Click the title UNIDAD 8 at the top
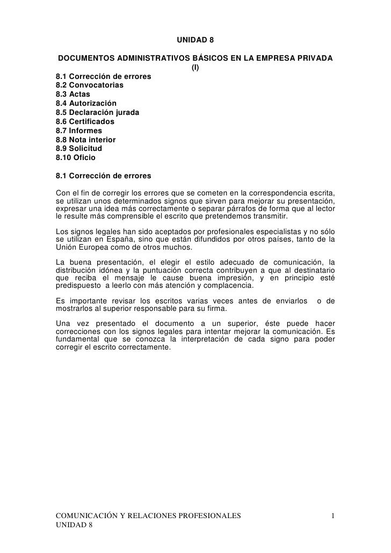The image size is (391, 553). pos(195,40)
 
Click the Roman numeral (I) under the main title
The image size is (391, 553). pos(195,67)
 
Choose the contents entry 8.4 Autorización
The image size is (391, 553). pos(85,104)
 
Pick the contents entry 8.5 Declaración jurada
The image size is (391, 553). pos(98,113)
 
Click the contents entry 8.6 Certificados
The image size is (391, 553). pos(85,122)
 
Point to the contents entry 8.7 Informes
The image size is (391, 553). pos(78,131)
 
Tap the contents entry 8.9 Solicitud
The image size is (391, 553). pos(78,149)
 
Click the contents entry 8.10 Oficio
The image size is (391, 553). pos(75,158)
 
